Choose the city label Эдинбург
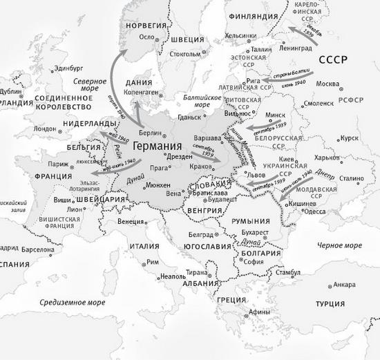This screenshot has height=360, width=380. point(66,68)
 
